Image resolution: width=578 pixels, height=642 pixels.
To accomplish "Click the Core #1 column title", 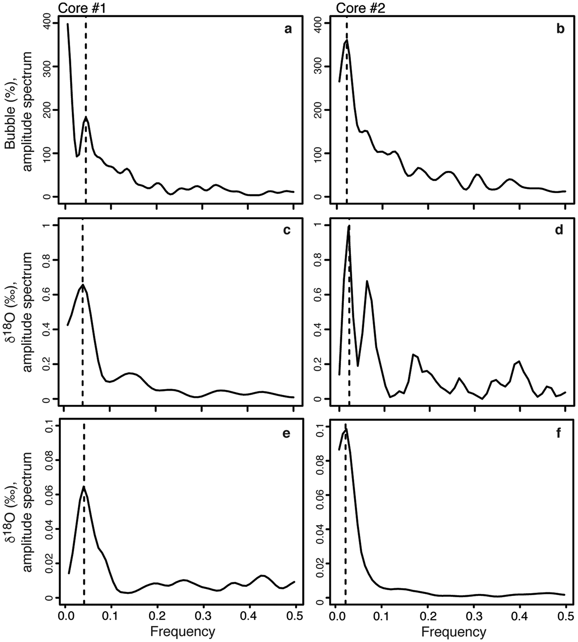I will coord(82,8).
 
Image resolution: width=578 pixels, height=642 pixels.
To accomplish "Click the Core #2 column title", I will coord(360,8).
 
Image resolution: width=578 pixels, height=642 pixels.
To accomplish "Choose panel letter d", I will coord(559,230).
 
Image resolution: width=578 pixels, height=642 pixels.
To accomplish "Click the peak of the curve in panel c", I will coord(83,284).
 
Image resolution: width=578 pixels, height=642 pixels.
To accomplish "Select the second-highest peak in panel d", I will coord(367,281).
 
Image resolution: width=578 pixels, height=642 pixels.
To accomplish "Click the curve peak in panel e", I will coord(84,486).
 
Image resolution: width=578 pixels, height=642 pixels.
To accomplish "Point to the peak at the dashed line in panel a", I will coord(86,117).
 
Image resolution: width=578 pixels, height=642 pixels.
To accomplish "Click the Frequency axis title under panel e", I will coord(182,631).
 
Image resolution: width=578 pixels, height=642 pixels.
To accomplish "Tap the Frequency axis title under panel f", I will coord(453,631).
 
